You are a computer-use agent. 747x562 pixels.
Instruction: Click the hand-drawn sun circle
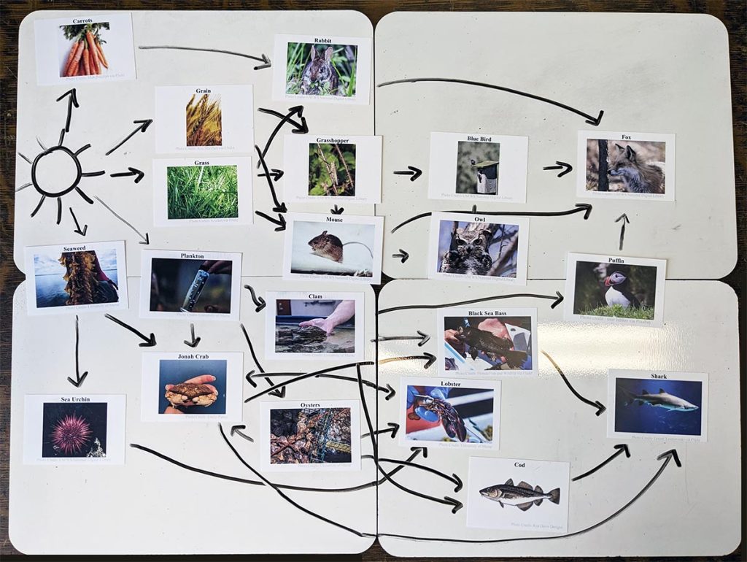pos(57,172)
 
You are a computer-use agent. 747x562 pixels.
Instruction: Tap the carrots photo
pos(84,49)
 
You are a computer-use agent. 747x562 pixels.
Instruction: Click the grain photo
pos(204,120)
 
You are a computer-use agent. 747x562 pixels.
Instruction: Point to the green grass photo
pos(202,192)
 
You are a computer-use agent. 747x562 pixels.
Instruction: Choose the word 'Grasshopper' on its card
pos(332,139)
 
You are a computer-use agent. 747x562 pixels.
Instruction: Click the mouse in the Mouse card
pos(326,246)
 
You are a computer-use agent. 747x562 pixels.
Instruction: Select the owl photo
pos(477,248)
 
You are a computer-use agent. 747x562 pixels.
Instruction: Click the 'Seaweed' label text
pos(74,248)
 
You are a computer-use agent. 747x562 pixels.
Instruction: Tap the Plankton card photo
pos(191,285)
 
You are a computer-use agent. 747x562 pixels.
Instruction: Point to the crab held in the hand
pos(192,392)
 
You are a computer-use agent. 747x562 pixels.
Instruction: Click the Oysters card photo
pos(310,435)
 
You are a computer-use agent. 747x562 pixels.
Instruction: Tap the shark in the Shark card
pos(660,399)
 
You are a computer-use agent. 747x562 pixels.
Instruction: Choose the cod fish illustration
pos(518,494)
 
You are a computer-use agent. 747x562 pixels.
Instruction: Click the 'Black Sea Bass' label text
pos(487,312)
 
